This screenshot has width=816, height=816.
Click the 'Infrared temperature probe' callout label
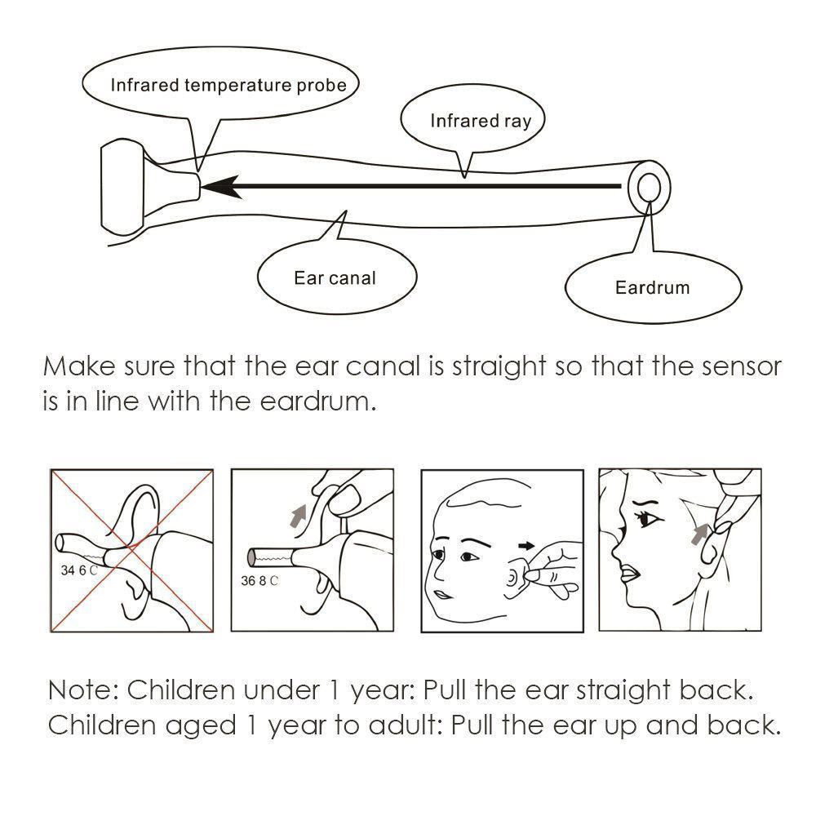(228, 84)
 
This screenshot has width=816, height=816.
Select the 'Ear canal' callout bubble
(335, 278)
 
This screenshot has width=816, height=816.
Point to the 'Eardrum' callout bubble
(652, 288)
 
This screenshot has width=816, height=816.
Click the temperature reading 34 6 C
(78, 570)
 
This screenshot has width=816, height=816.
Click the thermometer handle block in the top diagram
(121, 187)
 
